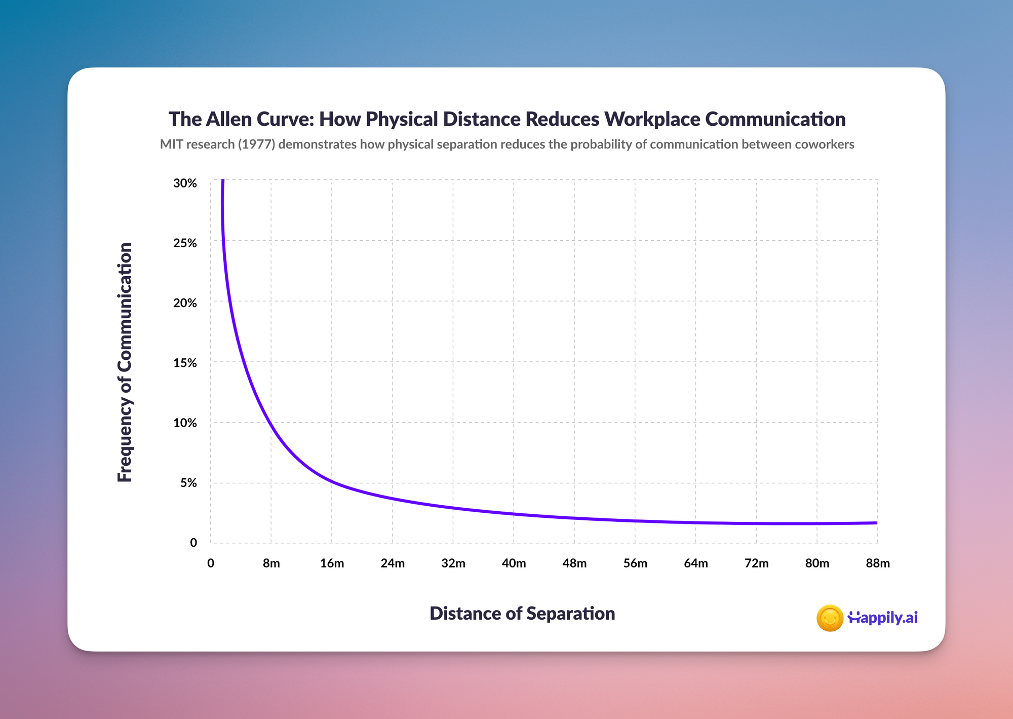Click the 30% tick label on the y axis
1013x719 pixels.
[185, 183]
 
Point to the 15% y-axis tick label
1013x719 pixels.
[185, 363]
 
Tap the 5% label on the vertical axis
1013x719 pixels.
[188, 482]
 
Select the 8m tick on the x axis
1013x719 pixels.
[271, 563]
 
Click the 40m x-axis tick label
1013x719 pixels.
[514, 563]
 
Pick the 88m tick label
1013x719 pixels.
[878, 563]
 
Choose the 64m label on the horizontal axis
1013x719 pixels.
[696, 563]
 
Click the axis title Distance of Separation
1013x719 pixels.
[522, 613]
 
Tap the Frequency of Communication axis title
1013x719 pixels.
[125, 362]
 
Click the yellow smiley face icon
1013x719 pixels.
[830, 618]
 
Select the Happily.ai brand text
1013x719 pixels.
[883, 618]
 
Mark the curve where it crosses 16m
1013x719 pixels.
[332, 481]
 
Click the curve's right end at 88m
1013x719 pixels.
[877, 523]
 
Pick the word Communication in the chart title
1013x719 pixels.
[775, 119]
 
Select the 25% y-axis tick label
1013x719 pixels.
[185, 243]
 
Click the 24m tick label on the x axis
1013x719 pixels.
[393, 563]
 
